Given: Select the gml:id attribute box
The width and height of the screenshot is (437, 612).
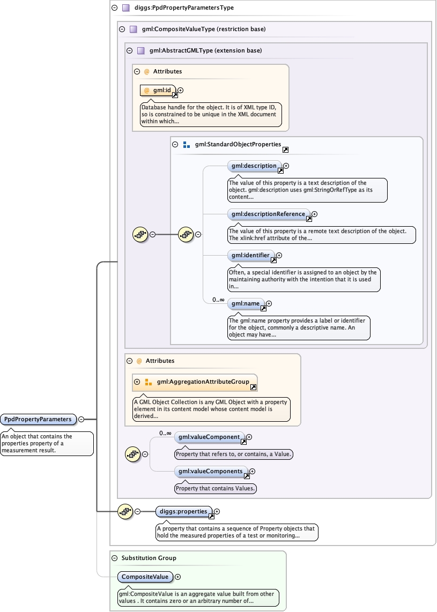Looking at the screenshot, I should (158, 91).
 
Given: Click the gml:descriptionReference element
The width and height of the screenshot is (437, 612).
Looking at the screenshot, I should (268, 214).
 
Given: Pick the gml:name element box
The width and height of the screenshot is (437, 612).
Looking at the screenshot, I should (246, 304).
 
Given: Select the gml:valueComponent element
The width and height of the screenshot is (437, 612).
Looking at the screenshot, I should (209, 437).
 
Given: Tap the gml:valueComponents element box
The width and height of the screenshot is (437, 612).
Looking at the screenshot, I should (211, 472).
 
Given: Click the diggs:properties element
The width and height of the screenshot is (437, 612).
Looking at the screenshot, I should (183, 512).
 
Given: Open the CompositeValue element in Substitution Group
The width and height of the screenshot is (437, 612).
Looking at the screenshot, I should (145, 577).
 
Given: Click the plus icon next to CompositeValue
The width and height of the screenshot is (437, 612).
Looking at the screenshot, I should (178, 577).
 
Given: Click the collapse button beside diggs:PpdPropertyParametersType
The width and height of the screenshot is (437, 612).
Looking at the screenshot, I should (114, 8).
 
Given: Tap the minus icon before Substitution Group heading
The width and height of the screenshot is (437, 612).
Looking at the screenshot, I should (114, 558).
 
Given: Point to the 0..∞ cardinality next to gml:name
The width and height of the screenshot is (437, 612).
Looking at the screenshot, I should (218, 300).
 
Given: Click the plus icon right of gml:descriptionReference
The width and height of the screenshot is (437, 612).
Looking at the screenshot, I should (315, 214).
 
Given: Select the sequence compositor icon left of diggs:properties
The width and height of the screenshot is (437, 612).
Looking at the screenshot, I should (125, 512).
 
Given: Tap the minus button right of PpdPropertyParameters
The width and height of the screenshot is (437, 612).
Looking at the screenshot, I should (81, 419).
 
